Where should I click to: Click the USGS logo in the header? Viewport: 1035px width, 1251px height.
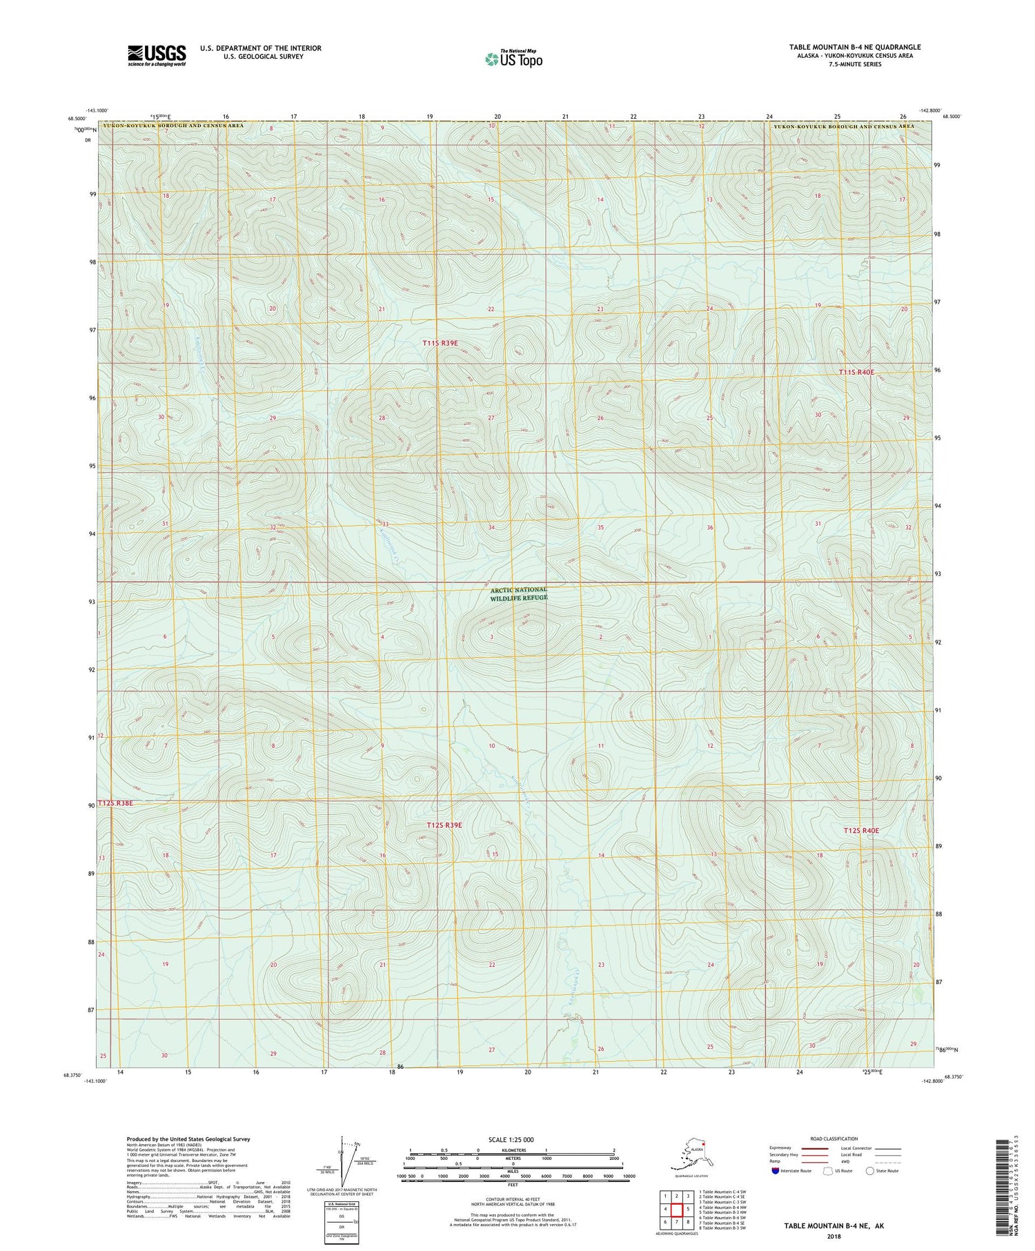(157, 55)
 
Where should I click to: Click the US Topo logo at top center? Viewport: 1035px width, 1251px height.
(514, 59)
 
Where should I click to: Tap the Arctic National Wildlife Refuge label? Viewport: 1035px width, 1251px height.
(518, 594)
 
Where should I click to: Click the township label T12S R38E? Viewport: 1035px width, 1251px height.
(115, 803)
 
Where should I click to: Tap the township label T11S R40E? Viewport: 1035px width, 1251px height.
(856, 373)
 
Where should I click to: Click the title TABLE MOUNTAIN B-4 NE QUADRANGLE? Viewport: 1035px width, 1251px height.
(855, 47)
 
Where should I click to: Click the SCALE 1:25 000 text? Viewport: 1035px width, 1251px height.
(511, 1139)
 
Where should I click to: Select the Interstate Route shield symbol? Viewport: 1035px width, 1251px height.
(776, 1170)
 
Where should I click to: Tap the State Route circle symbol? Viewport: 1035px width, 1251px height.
(869, 1170)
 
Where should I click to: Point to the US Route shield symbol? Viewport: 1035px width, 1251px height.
(828, 1170)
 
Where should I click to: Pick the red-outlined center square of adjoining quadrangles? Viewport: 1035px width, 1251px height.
(677, 1210)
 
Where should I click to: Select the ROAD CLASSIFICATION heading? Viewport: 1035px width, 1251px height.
(834, 1139)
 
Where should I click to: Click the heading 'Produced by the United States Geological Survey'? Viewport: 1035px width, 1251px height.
(188, 1139)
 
